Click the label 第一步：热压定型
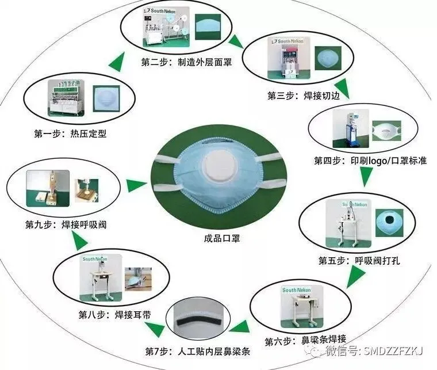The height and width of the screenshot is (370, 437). click(70, 134)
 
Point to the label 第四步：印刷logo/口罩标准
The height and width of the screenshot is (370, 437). click(370, 161)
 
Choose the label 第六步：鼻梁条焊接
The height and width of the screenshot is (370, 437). click(305, 341)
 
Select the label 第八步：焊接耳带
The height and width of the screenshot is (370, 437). click(108, 315)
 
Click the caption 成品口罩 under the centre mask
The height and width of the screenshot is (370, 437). click(218, 238)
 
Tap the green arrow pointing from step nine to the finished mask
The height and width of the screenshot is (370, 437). click(136, 185)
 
